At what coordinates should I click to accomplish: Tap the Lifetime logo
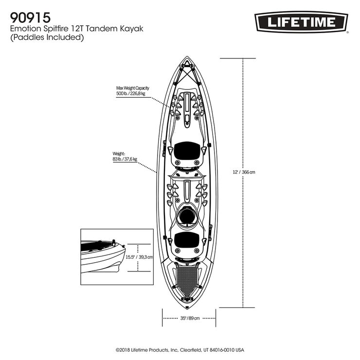click(301, 22)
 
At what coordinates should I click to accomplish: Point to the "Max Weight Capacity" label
click(132, 88)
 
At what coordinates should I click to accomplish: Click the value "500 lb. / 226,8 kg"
click(132, 94)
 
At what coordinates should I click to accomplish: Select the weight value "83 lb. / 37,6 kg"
click(125, 159)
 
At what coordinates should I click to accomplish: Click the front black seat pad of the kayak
click(187, 150)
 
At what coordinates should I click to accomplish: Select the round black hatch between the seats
click(187, 216)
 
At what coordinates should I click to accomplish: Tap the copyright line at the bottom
click(180, 350)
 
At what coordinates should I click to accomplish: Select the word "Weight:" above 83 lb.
click(119, 153)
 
